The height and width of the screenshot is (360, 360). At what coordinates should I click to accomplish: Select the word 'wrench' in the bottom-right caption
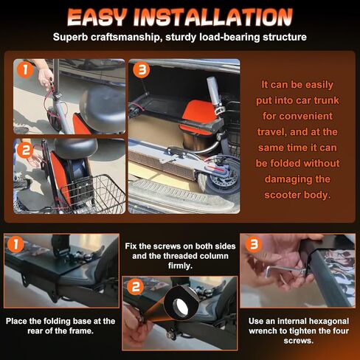click(x=271, y=331)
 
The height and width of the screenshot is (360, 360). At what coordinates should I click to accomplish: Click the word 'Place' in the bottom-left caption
click(x=21, y=321)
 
